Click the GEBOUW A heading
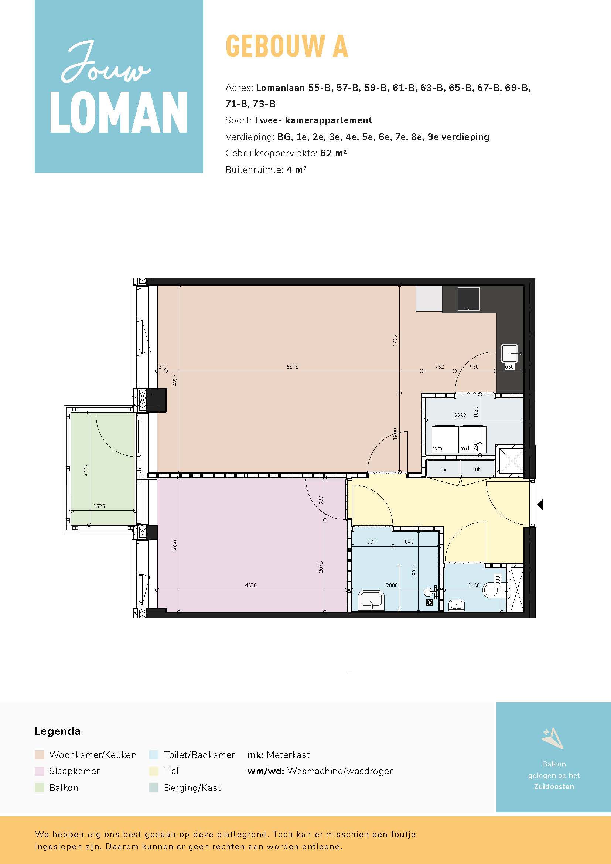click(287, 46)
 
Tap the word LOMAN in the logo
click(119, 113)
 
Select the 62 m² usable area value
click(333, 153)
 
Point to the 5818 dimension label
click(292, 366)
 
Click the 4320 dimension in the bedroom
click(251, 585)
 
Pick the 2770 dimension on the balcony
click(85, 470)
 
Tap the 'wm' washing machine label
click(437, 448)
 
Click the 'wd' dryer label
click(465, 448)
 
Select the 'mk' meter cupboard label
click(477, 469)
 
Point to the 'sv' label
click(444, 469)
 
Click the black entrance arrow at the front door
click(541, 505)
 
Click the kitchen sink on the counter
click(510, 354)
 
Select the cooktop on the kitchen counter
click(469, 299)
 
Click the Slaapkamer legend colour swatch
click(39, 771)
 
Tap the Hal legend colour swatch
click(154, 771)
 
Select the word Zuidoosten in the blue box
click(554, 786)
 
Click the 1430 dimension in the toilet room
click(474, 585)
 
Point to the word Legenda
click(57, 731)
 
